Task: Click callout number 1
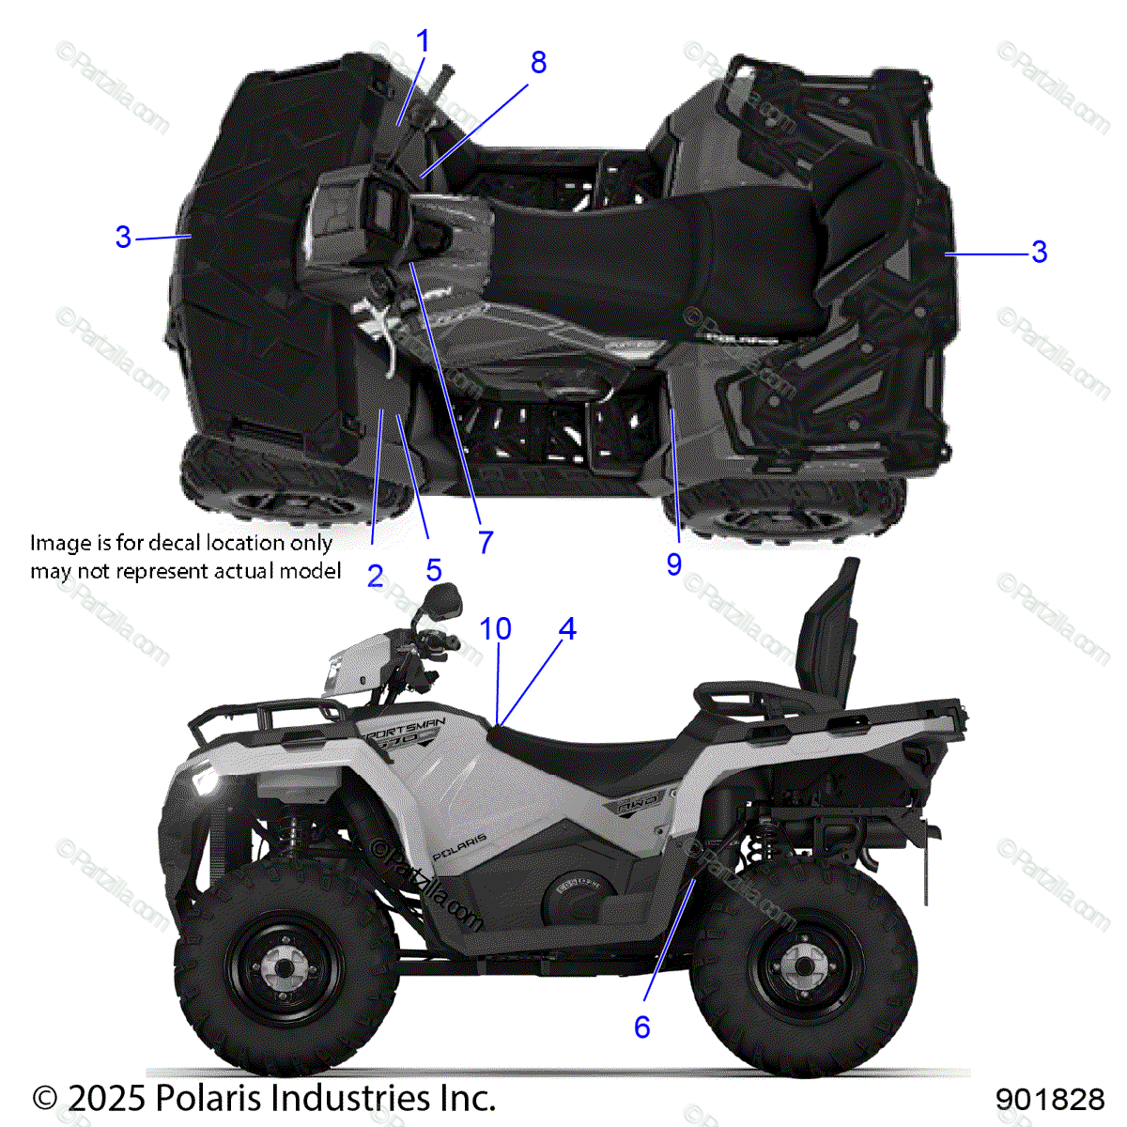pyautogui.click(x=423, y=41)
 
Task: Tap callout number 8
pyautogui.click(x=538, y=63)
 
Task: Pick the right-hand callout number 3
pyautogui.click(x=1039, y=252)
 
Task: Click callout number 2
pyautogui.click(x=375, y=577)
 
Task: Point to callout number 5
pyautogui.click(x=433, y=569)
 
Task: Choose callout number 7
pyautogui.click(x=485, y=542)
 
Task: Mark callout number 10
pyautogui.click(x=495, y=628)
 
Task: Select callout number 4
pyautogui.click(x=566, y=628)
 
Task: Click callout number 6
pyautogui.click(x=641, y=1027)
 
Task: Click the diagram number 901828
pyautogui.click(x=1050, y=1099)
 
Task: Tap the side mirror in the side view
pyautogui.click(x=443, y=598)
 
